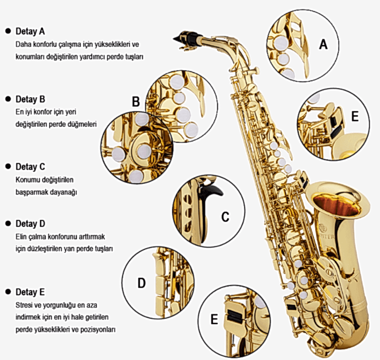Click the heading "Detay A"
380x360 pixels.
pyautogui.click(x=30, y=31)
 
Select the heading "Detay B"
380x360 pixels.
pyautogui.click(x=30, y=99)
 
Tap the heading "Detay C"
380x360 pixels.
pyautogui.click(x=30, y=167)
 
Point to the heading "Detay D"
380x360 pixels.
pyautogui.click(x=30, y=224)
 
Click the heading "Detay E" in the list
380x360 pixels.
pyautogui.click(x=30, y=292)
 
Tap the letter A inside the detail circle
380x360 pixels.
pyautogui.click(x=323, y=45)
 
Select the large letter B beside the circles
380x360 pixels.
pyautogui.click(x=136, y=101)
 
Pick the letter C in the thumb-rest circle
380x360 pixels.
pyautogui.click(x=225, y=216)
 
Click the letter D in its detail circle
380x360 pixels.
pyautogui.click(x=142, y=283)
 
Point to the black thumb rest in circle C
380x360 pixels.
pyautogui.click(x=209, y=206)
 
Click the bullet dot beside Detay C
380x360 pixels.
pyautogui.click(x=8, y=167)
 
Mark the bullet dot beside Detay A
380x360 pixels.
pyautogui.click(x=8, y=31)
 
